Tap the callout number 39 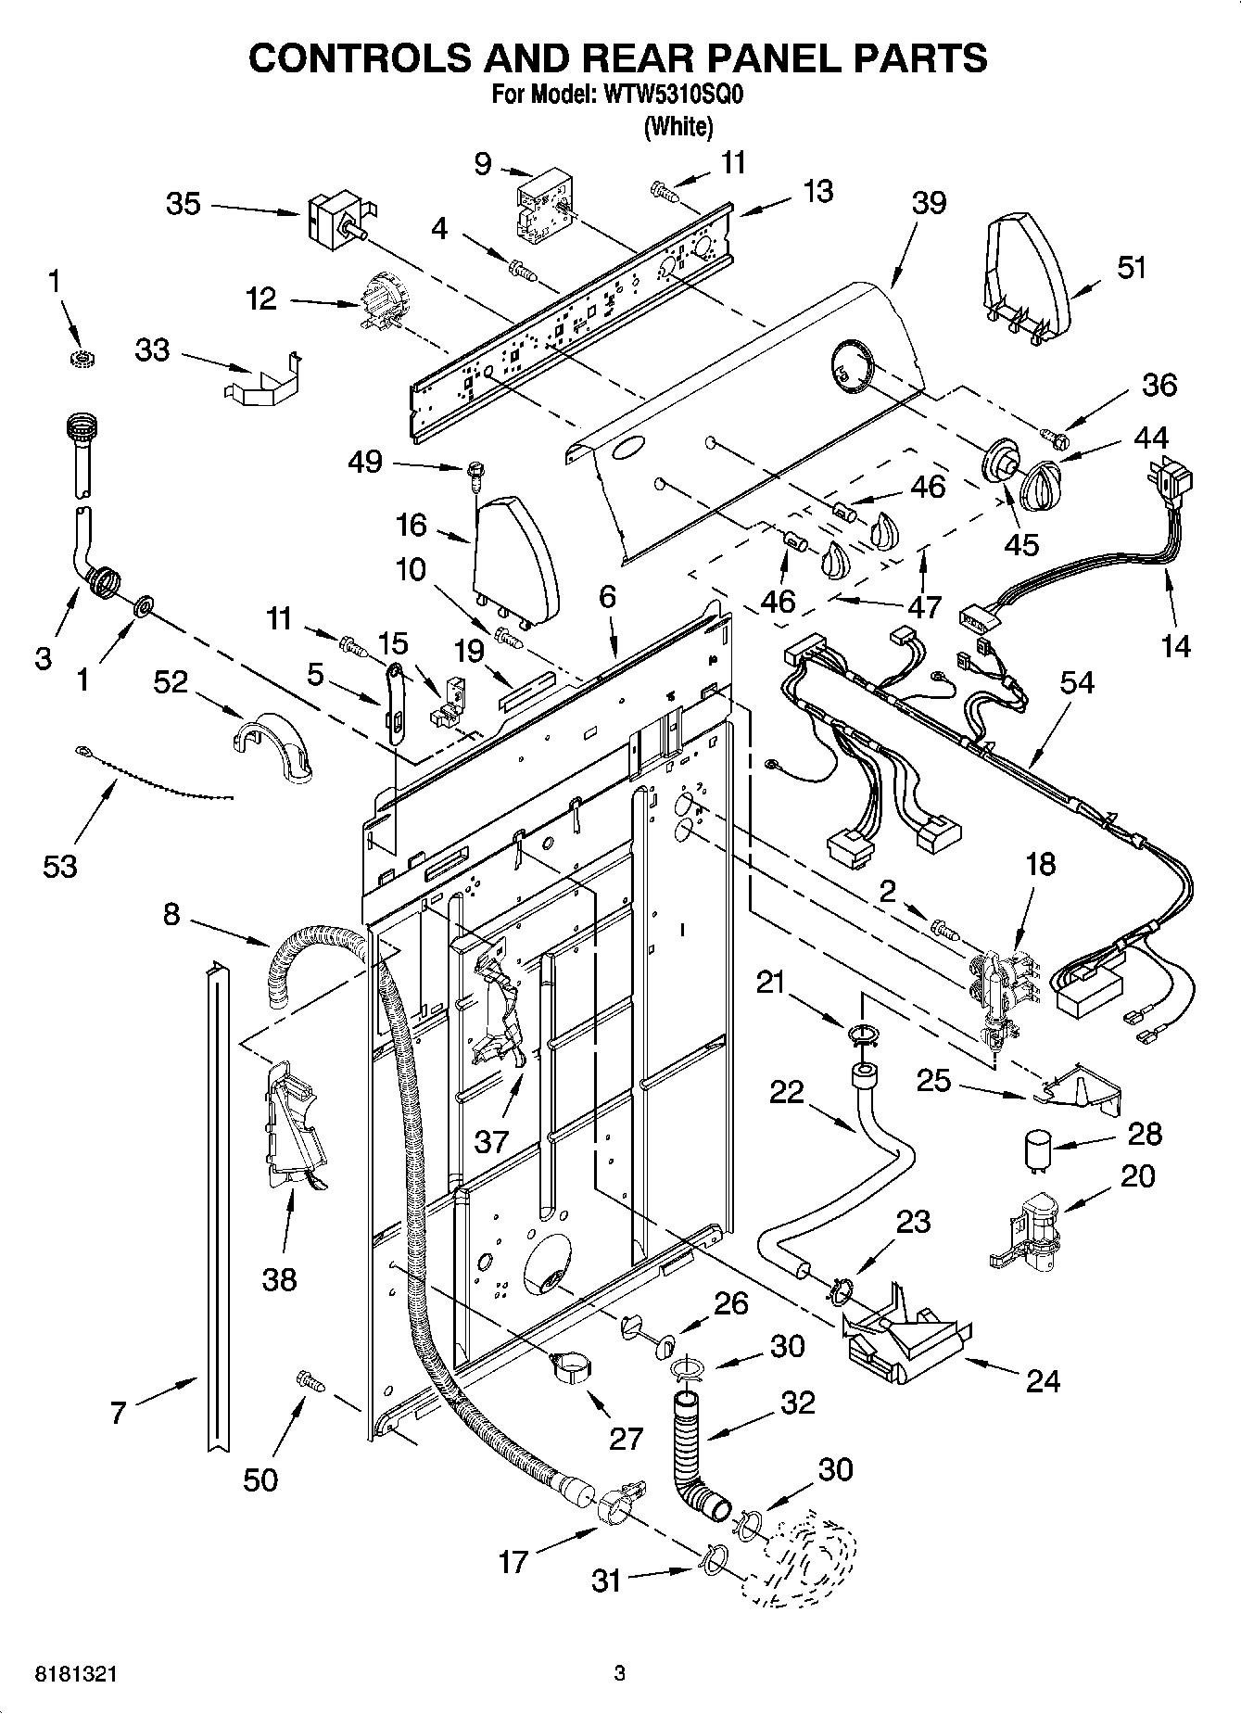pos(929,202)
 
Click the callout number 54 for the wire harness pos(1077,683)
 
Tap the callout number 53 pos(59,867)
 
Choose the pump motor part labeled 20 pos(1029,1230)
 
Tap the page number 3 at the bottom pos(619,1673)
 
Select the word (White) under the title pos(678,127)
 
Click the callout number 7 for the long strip pos(117,1413)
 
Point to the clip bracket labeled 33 pos(262,380)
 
